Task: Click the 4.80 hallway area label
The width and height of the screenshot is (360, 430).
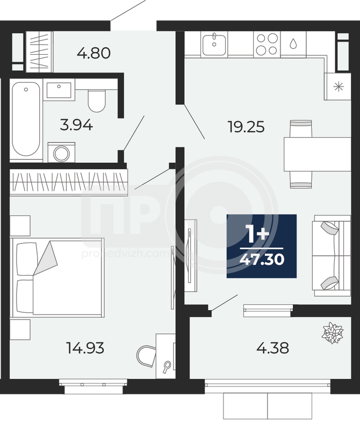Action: pos(94,53)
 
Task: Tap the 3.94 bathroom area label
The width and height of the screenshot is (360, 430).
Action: pos(76,126)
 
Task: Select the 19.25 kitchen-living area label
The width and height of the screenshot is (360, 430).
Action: pos(246,127)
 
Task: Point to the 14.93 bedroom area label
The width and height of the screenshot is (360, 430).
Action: pos(85,348)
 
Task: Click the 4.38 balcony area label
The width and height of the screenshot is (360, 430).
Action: pos(272,348)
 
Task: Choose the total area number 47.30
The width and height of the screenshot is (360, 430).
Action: pos(262,260)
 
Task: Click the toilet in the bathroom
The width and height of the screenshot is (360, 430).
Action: pos(97,101)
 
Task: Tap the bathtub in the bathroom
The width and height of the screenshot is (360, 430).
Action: pos(26,119)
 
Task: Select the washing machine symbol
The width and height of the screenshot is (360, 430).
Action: pos(61,153)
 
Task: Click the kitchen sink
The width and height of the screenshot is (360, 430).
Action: pos(214,44)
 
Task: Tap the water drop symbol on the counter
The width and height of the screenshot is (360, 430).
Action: pos(293,44)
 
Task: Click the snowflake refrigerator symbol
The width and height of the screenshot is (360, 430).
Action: pos(339,87)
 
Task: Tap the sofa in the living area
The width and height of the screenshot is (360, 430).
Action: pos(332,256)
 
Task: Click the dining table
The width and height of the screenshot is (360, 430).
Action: pos(317,154)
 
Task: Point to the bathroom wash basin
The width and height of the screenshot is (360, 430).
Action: pos(59,89)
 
